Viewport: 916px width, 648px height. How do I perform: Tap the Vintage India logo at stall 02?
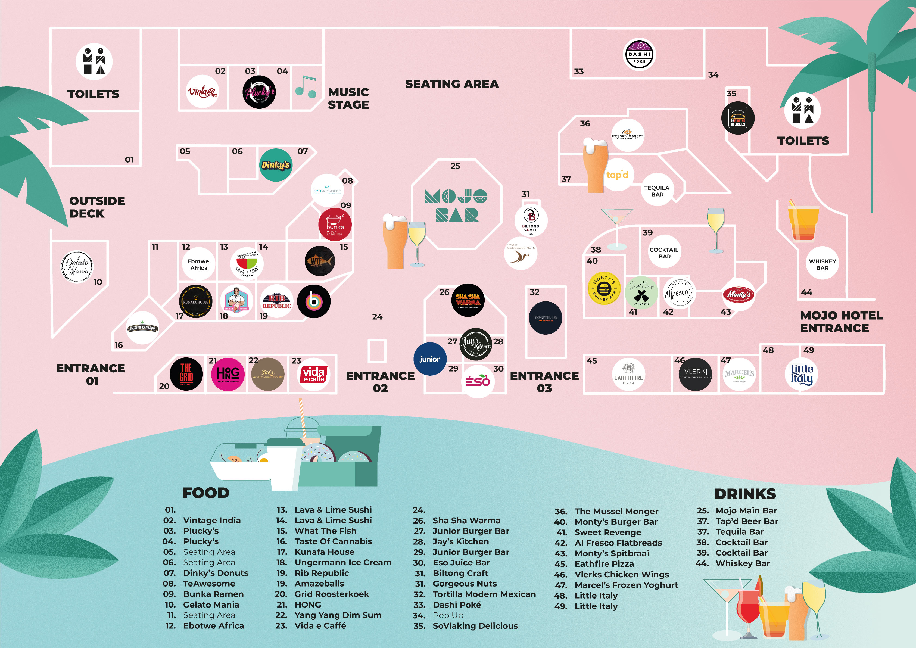click(x=202, y=91)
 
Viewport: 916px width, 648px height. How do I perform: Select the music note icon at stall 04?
click(x=306, y=87)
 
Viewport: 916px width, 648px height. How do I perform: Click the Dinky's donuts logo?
click(x=276, y=165)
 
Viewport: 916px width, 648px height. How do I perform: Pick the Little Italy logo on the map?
click(x=802, y=374)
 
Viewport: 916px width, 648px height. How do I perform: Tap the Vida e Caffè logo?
click(x=314, y=374)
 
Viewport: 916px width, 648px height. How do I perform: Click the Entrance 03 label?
click(x=544, y=382)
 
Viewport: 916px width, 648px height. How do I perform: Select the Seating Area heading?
click(x=452, y=84)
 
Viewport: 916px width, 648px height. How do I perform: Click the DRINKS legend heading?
click(x=745, y=494)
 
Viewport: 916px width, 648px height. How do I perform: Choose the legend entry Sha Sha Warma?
click(x=466, y=520)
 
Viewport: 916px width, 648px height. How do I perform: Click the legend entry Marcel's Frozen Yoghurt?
click(x=626, y=585)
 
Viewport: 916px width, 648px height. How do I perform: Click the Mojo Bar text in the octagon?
click(x=456, y=205)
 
